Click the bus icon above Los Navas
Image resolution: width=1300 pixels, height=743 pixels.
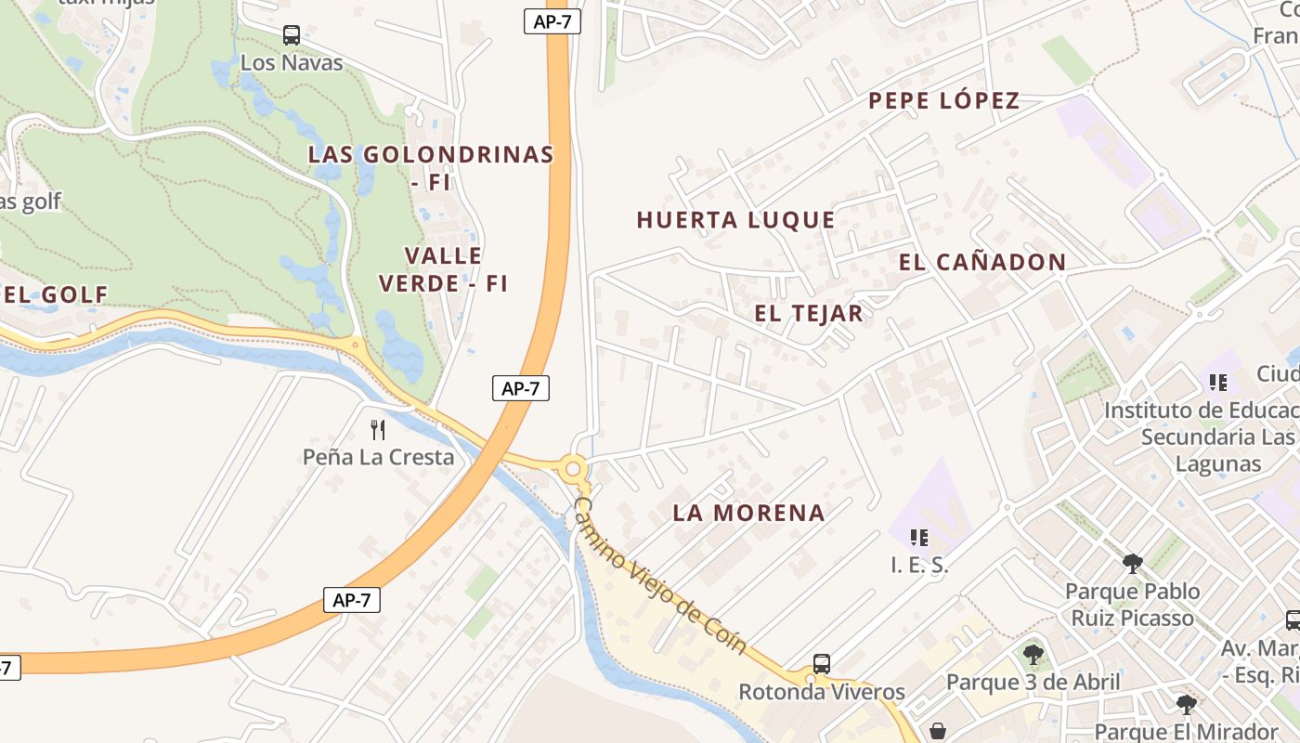[x=292, y=35]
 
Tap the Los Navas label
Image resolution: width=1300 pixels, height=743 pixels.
[x=292, y=63]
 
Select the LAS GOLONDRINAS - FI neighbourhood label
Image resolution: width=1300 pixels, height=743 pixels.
[x=431, y=167]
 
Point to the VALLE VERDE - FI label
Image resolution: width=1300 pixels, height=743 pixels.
[x=444, y=269]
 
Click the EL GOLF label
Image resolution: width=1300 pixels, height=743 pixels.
[x=56, y=294]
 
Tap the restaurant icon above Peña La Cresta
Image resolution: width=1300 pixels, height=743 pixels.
[x=378, y=429]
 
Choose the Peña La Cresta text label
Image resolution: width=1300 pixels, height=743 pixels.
[x=378, y=457]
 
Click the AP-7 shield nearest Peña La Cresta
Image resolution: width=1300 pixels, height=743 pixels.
[x=521, y=388]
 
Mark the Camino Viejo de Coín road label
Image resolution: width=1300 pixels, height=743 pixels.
[x=660, y=576]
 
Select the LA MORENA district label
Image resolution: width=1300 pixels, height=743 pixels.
[x=748, y=513]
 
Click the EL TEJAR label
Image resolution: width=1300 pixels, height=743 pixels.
[x=809, y=313]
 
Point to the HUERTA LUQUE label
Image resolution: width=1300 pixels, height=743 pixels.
[x=735, y=220]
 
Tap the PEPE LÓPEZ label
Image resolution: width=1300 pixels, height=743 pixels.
[x=943, y=100]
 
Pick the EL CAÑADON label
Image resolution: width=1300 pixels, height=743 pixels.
[x=982, y=262]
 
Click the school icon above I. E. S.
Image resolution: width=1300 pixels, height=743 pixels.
[x=919, y=537]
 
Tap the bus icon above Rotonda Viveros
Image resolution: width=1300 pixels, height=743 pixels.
[x=822, y=664]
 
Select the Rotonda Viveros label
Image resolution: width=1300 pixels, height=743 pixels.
[x=822, y=692]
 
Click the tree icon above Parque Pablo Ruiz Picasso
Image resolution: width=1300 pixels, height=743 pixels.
[x=1132, y=563]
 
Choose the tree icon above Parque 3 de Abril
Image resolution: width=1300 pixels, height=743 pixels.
[x=1033, y=655]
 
